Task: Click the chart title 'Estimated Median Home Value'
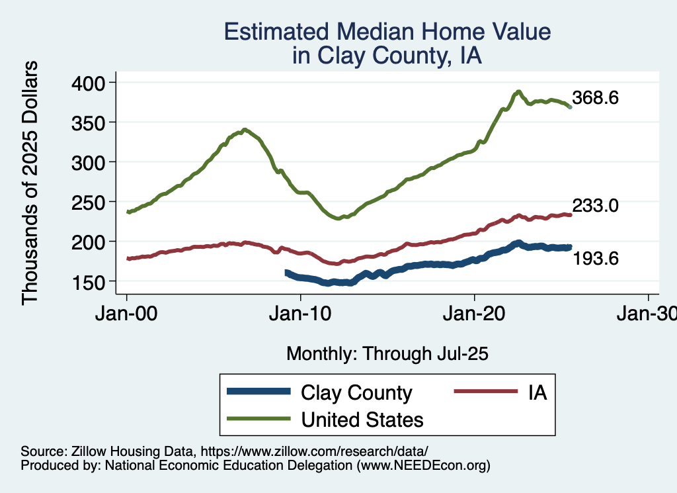(x=387, y=32)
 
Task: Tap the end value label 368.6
(x=596, y=99)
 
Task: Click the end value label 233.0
(x=596, y=206)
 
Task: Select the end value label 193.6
(x=596, y=259)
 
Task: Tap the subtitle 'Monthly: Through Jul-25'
(x=387, y=354)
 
